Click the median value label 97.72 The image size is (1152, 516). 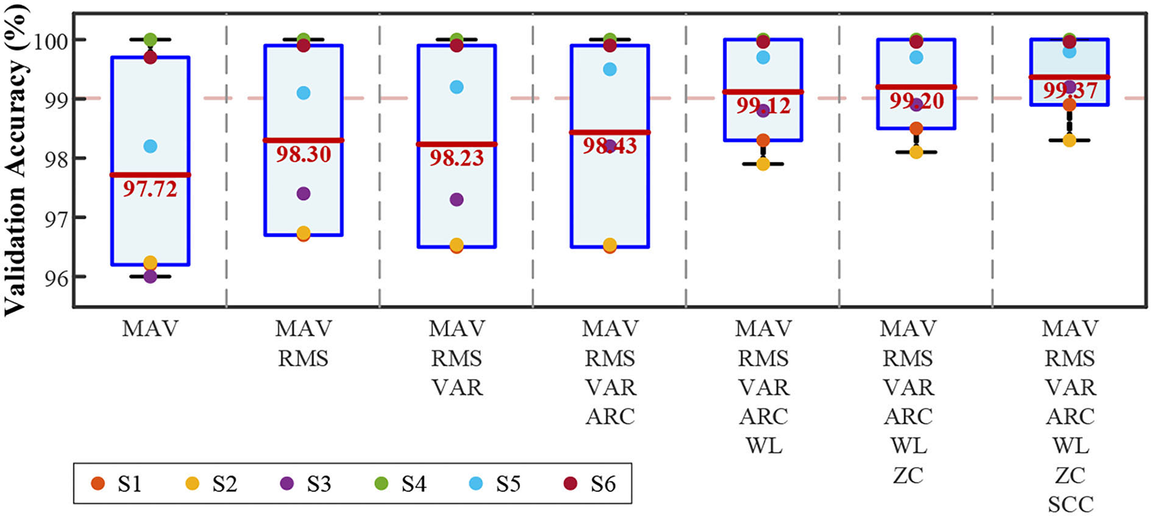coord(150,189)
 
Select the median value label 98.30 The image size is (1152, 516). coord(304,154)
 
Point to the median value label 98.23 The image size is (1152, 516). coord(457,157)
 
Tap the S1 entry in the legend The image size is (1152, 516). coord(118,484)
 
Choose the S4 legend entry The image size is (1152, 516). coord(402,484)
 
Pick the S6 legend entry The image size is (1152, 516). coord(591,484)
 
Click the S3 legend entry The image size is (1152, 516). coord(307,484)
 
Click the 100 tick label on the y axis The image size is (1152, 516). coord(49,40)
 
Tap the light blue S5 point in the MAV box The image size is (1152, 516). coord(150,146)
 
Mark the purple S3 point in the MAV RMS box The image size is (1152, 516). coord(304,194)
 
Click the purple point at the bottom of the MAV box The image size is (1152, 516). coord(150,277)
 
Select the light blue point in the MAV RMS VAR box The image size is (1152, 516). coord(457,87)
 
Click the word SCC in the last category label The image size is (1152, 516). coord(1070,504)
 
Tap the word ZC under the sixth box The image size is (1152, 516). coord(908,475)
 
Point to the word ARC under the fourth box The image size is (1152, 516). coord(610,416)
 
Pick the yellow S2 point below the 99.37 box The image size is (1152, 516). coord(1069,140)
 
